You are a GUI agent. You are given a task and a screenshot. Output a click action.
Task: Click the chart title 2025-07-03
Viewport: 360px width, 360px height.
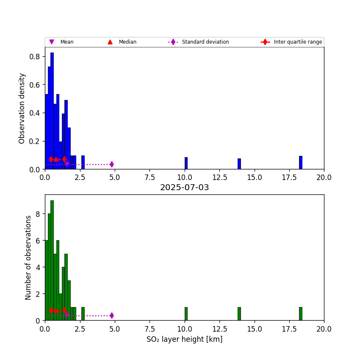click(184, 188)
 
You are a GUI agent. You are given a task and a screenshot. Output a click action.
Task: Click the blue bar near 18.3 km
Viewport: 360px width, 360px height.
click(300, 163)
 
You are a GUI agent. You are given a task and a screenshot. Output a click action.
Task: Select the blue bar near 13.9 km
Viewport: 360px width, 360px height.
click(239, 164)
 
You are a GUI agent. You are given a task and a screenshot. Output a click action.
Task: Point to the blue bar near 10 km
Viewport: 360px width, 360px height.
click(186, 163)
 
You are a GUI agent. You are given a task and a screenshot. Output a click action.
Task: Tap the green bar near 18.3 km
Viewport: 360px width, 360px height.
click(300, 314)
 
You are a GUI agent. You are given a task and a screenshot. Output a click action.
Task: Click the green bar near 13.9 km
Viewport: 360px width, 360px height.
click(239, 314)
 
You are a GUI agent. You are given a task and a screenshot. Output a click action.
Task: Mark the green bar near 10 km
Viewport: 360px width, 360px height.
click(186, 314)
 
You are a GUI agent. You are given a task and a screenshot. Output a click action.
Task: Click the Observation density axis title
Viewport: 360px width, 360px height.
click(22, 108)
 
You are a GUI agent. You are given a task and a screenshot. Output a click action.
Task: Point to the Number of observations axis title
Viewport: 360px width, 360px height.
click(28, 258)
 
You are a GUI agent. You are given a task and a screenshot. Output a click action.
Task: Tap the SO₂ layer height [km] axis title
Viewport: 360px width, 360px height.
click(184, 339)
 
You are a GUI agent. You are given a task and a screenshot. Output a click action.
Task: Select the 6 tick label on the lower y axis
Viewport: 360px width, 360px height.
click(38, 241)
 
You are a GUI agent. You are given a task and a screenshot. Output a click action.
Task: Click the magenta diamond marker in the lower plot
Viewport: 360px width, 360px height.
click(111, 316)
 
